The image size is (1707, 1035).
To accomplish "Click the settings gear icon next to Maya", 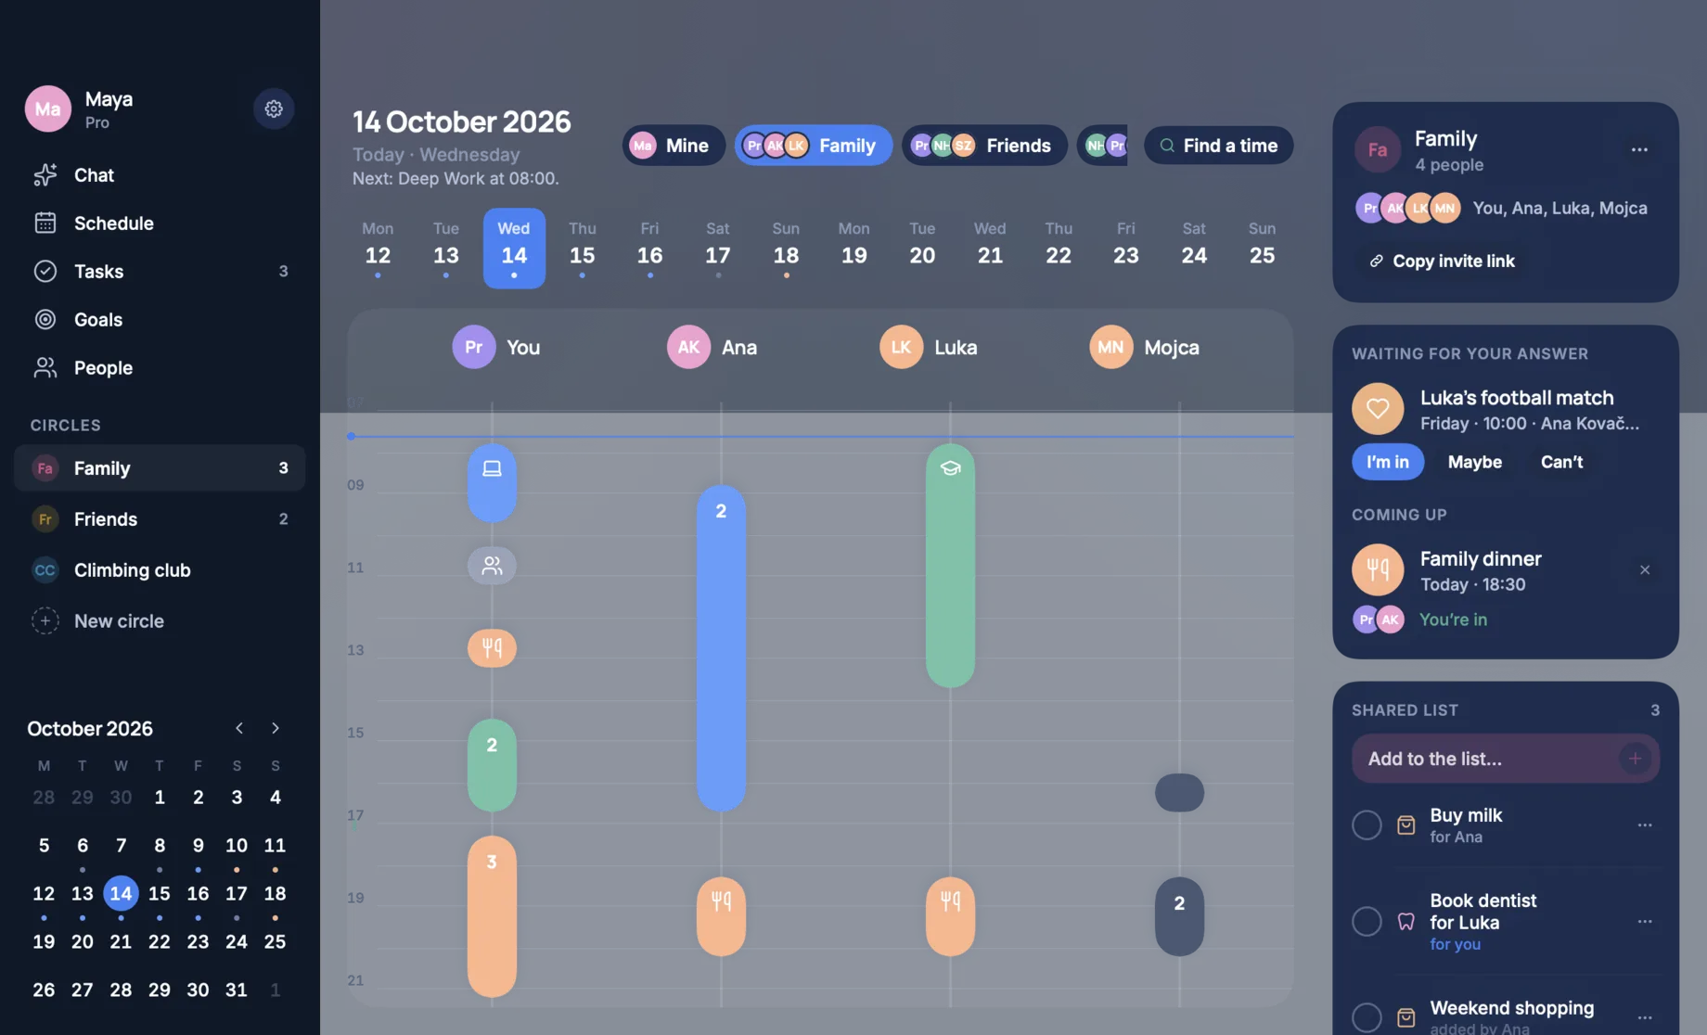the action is tap(274, 109).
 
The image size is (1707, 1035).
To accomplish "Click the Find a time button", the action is tap(1218, 146).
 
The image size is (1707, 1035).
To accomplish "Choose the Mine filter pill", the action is tap(674, 146).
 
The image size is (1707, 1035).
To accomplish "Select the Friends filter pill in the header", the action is tap(984, 146).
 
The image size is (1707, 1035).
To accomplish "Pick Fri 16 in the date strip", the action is tap(649, 248).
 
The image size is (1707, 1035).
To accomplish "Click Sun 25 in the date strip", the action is tap(1262, 248).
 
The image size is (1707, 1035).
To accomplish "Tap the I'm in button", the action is tap(1387, 462).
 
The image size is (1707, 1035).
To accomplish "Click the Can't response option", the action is tap(1561, 462).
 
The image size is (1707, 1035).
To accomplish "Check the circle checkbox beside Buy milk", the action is tap(1367, 824).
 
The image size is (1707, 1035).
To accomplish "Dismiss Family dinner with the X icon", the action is tap(1645, 569).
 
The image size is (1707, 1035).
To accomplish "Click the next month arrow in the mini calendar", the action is tap(276, 728).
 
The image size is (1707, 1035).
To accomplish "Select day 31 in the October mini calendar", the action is tap(237, 990).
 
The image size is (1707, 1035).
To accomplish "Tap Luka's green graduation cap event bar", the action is tap(950, 565).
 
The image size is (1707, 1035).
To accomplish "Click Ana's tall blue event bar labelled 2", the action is tap(721, 648).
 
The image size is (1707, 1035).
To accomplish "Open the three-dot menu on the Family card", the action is tap(1639, 149).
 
